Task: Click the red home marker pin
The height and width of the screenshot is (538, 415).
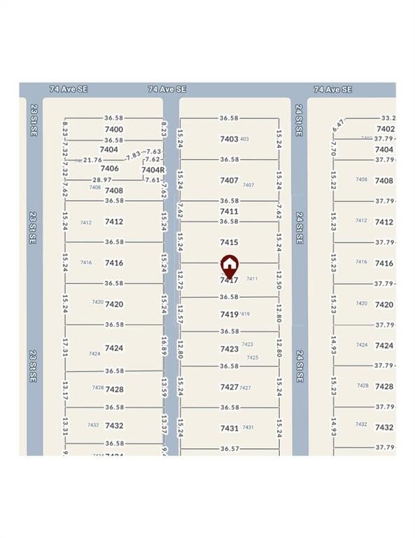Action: click(x=230, y=266)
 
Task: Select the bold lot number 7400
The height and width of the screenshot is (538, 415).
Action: click(x=113, y=130)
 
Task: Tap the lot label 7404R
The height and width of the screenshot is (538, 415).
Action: click(x=153, y=170)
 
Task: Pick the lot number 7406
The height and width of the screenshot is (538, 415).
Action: click(x=109, y=168)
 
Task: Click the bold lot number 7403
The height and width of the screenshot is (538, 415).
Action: click(x=229, y=139)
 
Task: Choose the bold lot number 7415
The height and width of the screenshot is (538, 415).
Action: click(x=229, y=242)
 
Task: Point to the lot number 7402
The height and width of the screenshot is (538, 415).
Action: click(x=386, y=129)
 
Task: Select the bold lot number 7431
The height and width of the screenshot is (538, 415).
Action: click(x=230, y=428)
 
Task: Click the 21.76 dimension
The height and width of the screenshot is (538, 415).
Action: click(x=92, y=160)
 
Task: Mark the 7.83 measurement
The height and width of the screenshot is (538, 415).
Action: click(x=133, y=156)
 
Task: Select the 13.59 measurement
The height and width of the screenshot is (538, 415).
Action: click(x=164, y=388)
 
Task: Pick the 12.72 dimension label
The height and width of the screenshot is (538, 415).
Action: click(x=180, y=281)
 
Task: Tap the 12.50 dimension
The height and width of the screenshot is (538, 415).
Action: click(x=279, y=280)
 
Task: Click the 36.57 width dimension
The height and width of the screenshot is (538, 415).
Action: click(x=230, y=448)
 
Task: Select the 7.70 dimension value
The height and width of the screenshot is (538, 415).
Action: click(x=333, y=149)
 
